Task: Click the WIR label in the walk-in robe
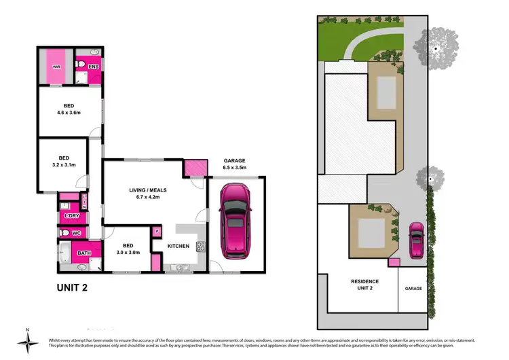[56, 67]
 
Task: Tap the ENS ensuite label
[94, 67]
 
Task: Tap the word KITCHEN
[177, 247]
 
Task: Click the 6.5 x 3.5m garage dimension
[234, 167]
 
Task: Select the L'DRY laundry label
[71, 216]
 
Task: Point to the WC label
[76, 234]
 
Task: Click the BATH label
[84, 253]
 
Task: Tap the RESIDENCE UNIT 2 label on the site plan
[364, 285]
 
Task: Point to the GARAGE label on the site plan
[413, 289]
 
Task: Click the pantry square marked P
[157, 231]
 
